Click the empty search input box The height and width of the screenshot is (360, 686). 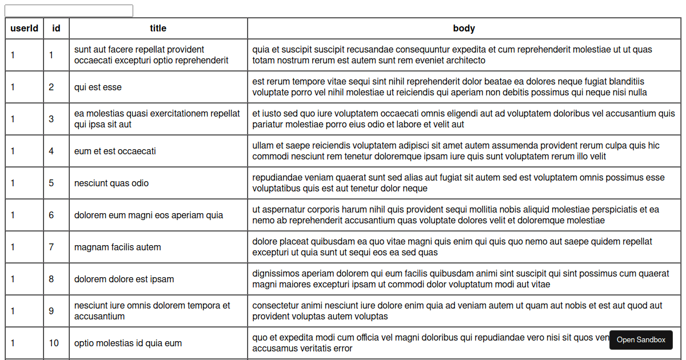click(69, 11)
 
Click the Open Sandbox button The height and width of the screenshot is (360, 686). click(641, 340)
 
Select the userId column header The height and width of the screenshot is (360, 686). click(24, 28)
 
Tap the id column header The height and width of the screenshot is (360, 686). click(56, 28)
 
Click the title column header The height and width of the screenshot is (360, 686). click(158, 28)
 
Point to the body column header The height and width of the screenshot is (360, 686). click(464, 28)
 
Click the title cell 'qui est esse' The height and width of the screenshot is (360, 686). click(98, 87)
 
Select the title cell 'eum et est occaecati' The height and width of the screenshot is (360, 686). click(115, 151)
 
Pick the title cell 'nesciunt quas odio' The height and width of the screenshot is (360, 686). click(111, 183)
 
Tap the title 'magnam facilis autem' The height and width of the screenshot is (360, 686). click(118, 247)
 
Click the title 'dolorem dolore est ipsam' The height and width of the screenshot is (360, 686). click(124, 279)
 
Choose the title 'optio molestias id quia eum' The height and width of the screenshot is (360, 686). click(128, 343)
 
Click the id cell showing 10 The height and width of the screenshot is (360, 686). click(54, 343)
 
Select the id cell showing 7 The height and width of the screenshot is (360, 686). click(51, 247)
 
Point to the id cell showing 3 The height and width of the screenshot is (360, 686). click(51, 119)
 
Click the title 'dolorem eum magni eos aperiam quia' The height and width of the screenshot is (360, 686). click(149, 215)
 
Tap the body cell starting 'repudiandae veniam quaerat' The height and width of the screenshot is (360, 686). click(458, 183)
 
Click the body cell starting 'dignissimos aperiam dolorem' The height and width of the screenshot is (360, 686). click(461, 279)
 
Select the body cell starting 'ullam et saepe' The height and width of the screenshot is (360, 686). click(456, 151)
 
